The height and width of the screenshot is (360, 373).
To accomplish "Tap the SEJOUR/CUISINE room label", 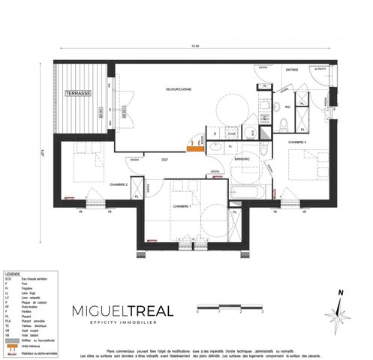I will coord(179,89).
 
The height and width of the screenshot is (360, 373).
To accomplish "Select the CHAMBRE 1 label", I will coord(182,206).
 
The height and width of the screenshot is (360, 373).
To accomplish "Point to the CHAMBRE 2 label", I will coord(119,184).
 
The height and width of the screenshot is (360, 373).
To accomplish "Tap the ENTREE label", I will coord(292,70).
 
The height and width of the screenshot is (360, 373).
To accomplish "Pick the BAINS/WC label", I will coord(241,159).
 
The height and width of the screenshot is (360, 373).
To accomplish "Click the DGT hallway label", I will coord(164,159).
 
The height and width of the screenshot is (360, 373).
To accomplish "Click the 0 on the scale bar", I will coord(197,310).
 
